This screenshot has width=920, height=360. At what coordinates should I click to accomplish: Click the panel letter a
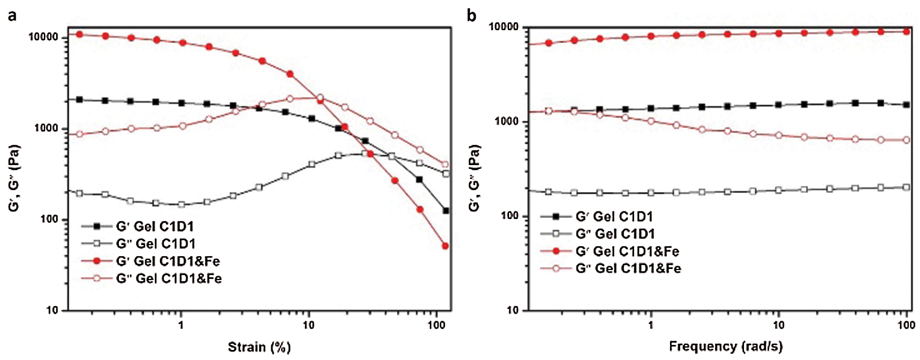coord(12,16)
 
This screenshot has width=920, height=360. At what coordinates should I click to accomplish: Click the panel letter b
coord(471,16)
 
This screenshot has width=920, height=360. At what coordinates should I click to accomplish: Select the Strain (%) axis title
coord(259,347)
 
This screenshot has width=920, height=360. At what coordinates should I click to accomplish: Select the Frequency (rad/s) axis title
coord(726,346)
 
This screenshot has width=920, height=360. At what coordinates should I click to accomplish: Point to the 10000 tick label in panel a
coord(43,37)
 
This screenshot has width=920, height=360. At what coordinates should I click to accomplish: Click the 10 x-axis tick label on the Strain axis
coord(309,325)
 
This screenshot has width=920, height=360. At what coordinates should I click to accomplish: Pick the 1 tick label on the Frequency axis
coord(651,325)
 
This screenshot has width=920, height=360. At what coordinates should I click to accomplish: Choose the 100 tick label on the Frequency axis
coord(906,325)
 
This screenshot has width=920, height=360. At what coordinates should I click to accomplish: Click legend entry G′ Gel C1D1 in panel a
coord(155,226)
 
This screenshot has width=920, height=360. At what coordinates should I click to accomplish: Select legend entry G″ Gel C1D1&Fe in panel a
coord(169,278)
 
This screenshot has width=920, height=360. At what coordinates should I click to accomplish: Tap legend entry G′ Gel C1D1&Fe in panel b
coord(627,251)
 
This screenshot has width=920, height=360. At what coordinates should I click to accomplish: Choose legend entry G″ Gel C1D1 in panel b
coord(615,234)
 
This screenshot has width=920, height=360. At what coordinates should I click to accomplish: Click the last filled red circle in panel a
coord(445,246)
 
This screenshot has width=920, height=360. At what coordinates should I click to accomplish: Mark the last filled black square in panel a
coord(445,210)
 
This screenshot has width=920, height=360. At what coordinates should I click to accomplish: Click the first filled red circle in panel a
coord(79,34)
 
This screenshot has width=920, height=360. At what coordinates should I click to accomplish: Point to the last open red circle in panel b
coord(906,140)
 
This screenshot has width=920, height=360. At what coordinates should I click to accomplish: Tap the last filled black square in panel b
coord(906,105)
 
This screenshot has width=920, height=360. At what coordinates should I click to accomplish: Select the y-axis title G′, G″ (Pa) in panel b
coord(475,178)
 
